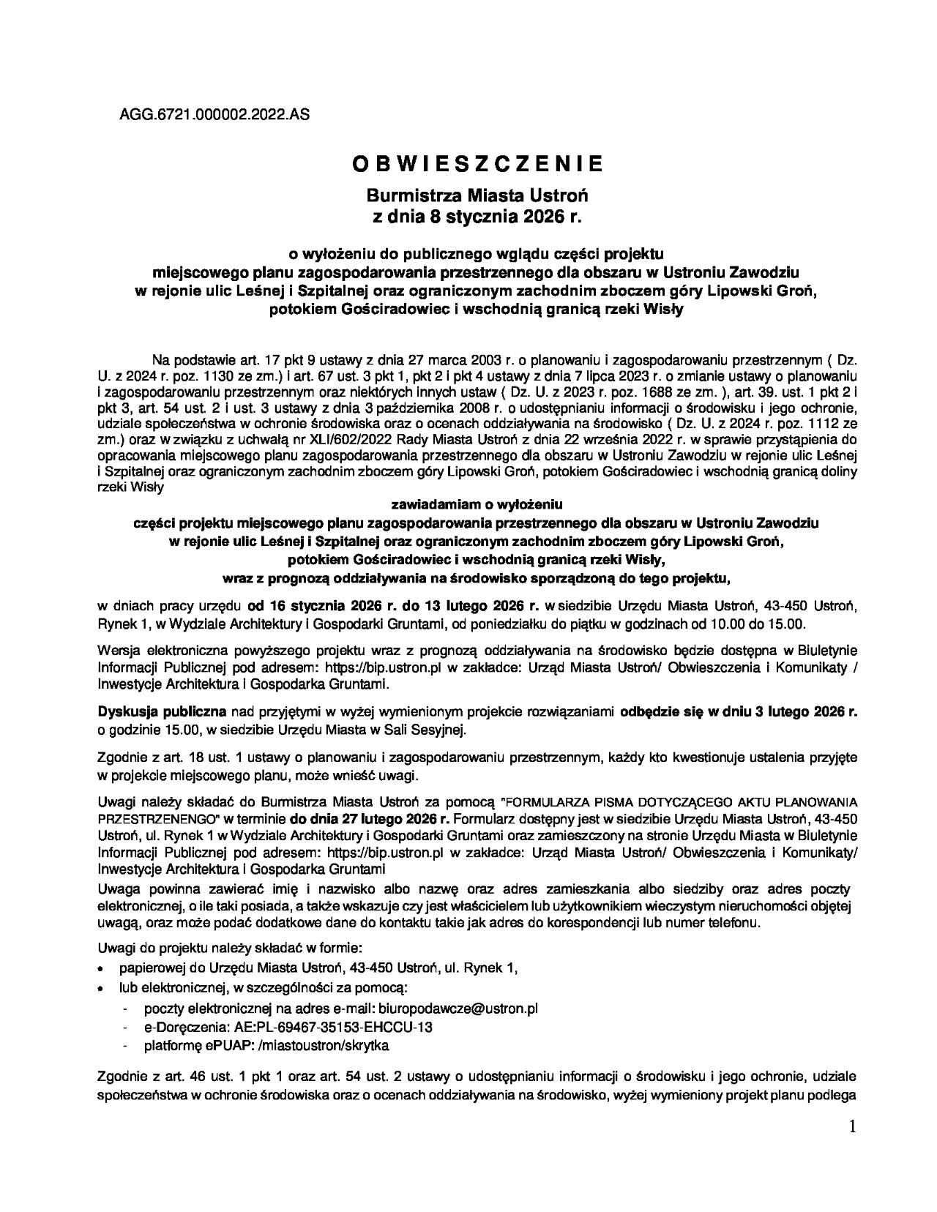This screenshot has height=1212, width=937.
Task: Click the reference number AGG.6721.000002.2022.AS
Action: pos(209,114)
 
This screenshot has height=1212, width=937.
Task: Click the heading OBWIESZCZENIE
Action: pos(478,164)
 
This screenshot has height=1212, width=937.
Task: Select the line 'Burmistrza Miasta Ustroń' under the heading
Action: pos(477,197)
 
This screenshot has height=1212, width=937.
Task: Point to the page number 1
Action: pos(852,1127)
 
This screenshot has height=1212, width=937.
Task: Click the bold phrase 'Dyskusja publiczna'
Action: pos(162,711)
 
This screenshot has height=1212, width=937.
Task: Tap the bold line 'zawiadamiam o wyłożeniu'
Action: pos(477,504)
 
